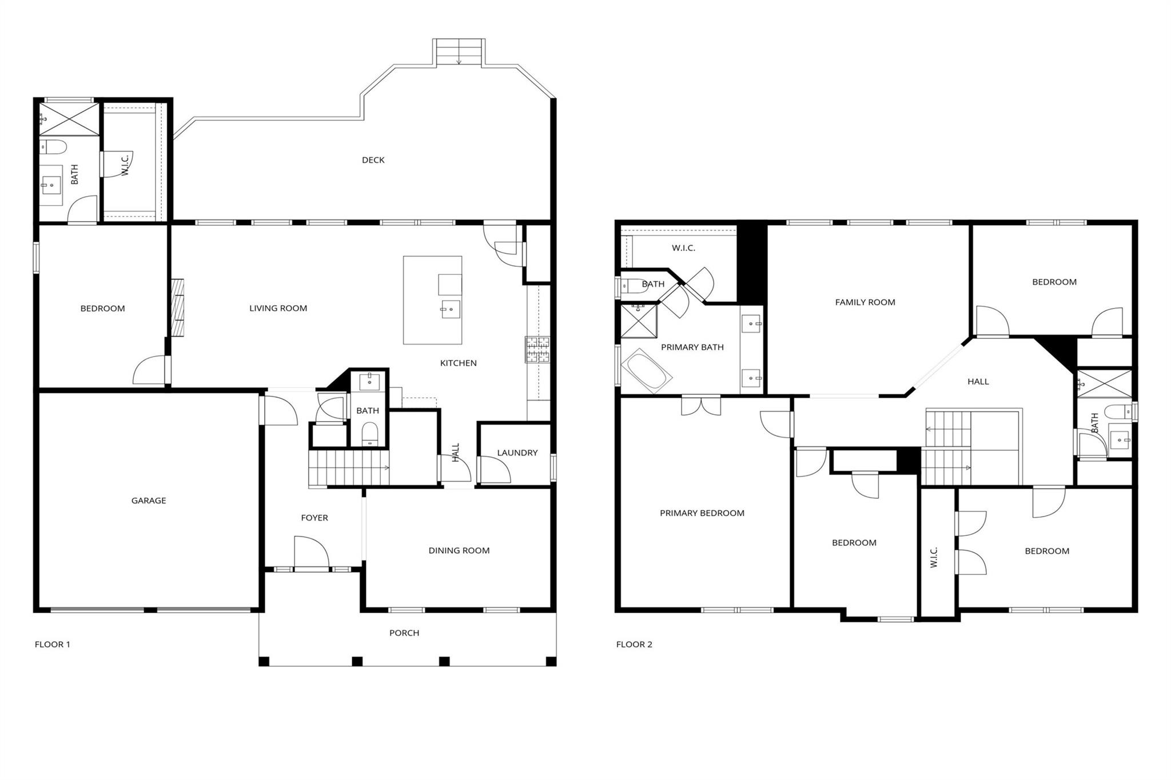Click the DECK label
click(x=373, y=160)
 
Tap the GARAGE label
click(x=149, y=501)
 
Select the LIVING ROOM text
click(x=278, y=309)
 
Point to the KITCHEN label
click(x=458, y=363)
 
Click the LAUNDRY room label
click(x=517, y=453)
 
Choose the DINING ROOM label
click(x=459, y=550)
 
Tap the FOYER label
click(x=314, y=518)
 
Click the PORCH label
click(x=404, y=633)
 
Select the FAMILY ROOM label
click(x=865, y=302)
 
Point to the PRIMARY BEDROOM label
click(x=702, y=513)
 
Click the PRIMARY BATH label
click(x=692, y=347)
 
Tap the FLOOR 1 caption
click(x=52, y=644)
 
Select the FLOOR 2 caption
click(x=634, y=644)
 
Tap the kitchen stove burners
click(x=537, y=350)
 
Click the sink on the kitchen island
click(x=451, y=309)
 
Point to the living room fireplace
click(x=178, y=307)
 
